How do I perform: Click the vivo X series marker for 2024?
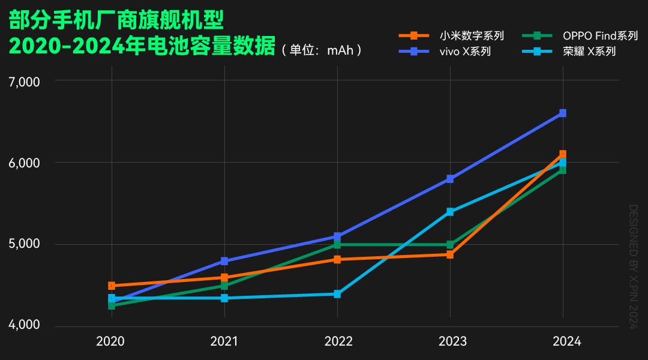[x=563, y=113]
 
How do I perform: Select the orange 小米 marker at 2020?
[x=112, y=286]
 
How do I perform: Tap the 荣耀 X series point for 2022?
[x=337, y=294]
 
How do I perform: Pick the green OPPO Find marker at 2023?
[x=450, y=245]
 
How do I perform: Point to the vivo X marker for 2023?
[x=450, y=179]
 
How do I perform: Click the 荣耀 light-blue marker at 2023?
[x=450, y=212]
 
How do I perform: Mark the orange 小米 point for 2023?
[x=450, y=255]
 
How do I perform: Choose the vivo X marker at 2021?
[x=224, y=261]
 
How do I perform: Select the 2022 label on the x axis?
[x=338, y=341]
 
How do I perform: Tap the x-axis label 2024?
[x=566, y=341]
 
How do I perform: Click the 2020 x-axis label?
[x=110, y=341]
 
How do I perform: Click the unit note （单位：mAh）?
[x=322, y=50]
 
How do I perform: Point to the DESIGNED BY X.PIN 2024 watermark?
[x=632, y=266]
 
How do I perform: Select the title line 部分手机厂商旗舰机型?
[x=116, y=21]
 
